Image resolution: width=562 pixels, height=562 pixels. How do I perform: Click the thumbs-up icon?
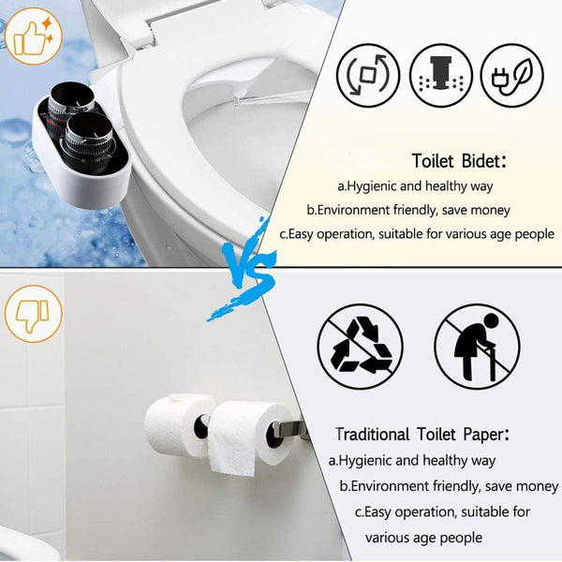(33, 37)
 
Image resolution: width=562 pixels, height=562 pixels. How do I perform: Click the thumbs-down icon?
(33, 313)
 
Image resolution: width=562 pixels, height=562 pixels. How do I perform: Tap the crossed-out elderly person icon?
(477, 347)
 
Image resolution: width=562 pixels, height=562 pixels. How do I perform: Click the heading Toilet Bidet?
(459, 161)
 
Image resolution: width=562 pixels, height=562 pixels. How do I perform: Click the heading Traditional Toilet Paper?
(421, 435)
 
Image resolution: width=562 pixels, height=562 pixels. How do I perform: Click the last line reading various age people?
(423, 538)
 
